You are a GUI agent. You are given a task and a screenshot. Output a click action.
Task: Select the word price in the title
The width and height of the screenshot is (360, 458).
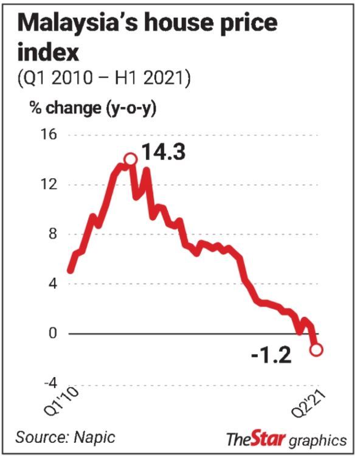click(x=246, y=25)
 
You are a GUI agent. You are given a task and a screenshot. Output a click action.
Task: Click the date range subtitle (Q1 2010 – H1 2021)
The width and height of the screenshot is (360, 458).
click(x=104, y=78)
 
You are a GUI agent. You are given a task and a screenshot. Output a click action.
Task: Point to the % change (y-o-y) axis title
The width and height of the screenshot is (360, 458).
click(x=93, y=109)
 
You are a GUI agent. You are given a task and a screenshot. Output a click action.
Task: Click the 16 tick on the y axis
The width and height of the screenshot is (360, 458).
click(x=49, y=134)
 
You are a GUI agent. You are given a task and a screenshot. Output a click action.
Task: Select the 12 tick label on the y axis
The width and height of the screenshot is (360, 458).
click(x=49, y=184)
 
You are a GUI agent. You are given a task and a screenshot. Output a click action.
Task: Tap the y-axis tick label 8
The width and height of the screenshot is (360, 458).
click(x=52, y=234)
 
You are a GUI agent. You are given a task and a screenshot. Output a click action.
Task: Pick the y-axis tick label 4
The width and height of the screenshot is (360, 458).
click(x=52, y=283)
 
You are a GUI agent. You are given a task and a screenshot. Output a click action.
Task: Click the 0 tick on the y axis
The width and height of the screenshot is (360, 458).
click(x=52, y=333)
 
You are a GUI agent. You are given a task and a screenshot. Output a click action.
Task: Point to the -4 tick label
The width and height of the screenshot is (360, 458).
click(x=50, y=383)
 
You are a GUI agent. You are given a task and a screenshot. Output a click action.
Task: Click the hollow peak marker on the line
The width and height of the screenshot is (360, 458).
click(x=131, y=159)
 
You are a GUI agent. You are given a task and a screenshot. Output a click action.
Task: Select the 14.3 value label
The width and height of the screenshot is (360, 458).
click(x=164, y=153)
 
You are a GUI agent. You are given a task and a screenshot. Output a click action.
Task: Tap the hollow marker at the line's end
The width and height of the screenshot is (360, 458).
click(x=317, y=349)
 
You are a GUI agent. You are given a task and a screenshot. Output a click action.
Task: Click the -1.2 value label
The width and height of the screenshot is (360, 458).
click(x=271, y=355)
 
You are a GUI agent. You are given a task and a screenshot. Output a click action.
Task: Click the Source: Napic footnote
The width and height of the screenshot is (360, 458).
click(x=66, y=437)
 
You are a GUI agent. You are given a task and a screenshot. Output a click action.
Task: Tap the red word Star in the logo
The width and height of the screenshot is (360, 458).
click(x=268, y=438)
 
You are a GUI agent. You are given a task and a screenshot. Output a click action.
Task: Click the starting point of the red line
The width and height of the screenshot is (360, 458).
click(x=70, y=271)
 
